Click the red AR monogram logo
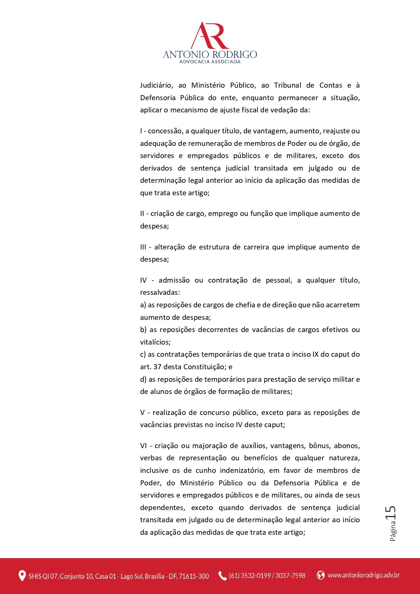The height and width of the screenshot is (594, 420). coord(210,36)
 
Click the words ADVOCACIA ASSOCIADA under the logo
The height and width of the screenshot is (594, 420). coord(210,62)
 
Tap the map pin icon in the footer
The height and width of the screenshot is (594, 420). coord(22,576)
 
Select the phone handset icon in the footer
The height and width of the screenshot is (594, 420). coord(222,576)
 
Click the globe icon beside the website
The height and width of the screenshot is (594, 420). coord(320,575)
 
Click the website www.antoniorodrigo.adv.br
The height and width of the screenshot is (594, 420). coord(363,575)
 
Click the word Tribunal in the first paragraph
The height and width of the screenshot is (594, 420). coord(287,85)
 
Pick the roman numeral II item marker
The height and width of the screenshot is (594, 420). coord(142,214)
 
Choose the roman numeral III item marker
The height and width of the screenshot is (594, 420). coord(143,247)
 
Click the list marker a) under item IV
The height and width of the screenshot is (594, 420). coord(143,305)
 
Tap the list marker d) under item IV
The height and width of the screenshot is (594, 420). coord(143,379)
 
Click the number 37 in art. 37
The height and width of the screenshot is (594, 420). coord(157,367)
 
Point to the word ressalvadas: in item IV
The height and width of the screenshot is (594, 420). coord(160,292)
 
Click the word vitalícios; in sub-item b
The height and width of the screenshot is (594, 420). coord(155,342)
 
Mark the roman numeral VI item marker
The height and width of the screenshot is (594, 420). coord(143,446)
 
